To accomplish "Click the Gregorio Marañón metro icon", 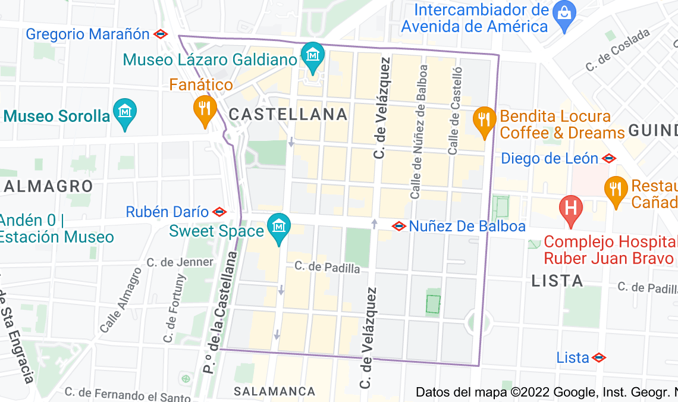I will point(161,34).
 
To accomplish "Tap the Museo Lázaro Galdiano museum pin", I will point(312,55).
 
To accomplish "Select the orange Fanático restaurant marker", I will point(203,109).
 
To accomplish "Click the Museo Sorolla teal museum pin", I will point(125,113).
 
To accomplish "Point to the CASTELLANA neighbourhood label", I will point(288,114).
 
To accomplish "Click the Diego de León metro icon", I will point(608,159).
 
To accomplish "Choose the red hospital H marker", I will point(571,209).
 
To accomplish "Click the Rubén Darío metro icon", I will point(219,212).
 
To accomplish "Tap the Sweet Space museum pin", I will point(278,228).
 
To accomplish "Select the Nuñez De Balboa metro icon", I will point(399,226).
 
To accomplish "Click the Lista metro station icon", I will point(599,358).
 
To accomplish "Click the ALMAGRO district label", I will point(49,186).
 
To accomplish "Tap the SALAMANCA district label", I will point(274,391).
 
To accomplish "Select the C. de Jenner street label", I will point(180,262).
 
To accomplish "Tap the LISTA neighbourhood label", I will point(557,281).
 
